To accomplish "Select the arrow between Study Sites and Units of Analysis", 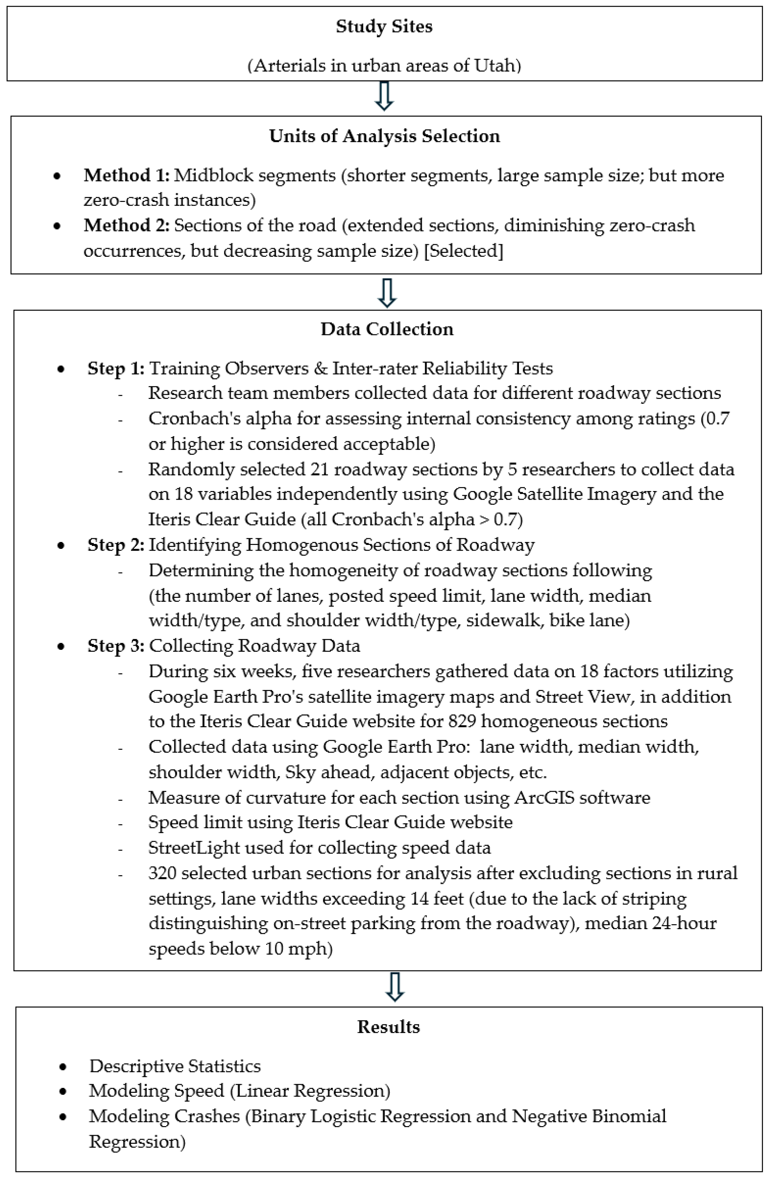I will [384, 96].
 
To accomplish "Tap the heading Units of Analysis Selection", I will [384, 136].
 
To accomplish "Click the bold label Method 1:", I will [126, 175].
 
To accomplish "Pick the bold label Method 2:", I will [126, 226].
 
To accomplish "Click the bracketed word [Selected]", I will [464, 251].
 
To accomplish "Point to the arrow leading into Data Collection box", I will [387, 292].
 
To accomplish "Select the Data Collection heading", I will [387, 329].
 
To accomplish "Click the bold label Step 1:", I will [116, 369].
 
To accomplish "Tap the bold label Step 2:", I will [116, 545].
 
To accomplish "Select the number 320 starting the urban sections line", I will [163, 873].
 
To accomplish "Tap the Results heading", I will [388, 1027].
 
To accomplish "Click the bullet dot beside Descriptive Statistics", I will [63, 1067].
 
